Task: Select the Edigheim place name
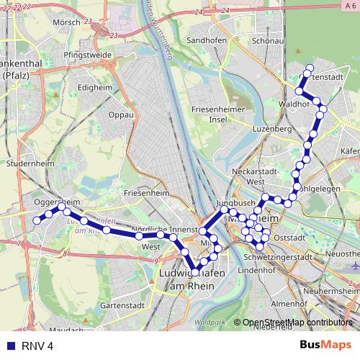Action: [96, 87]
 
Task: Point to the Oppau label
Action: [120, 114]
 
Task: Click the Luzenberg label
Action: [271, 128]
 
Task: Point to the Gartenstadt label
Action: [119, 305]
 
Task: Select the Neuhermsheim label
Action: [331, 289]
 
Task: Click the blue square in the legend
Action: [11, 346]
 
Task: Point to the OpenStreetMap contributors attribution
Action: [298, 323]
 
